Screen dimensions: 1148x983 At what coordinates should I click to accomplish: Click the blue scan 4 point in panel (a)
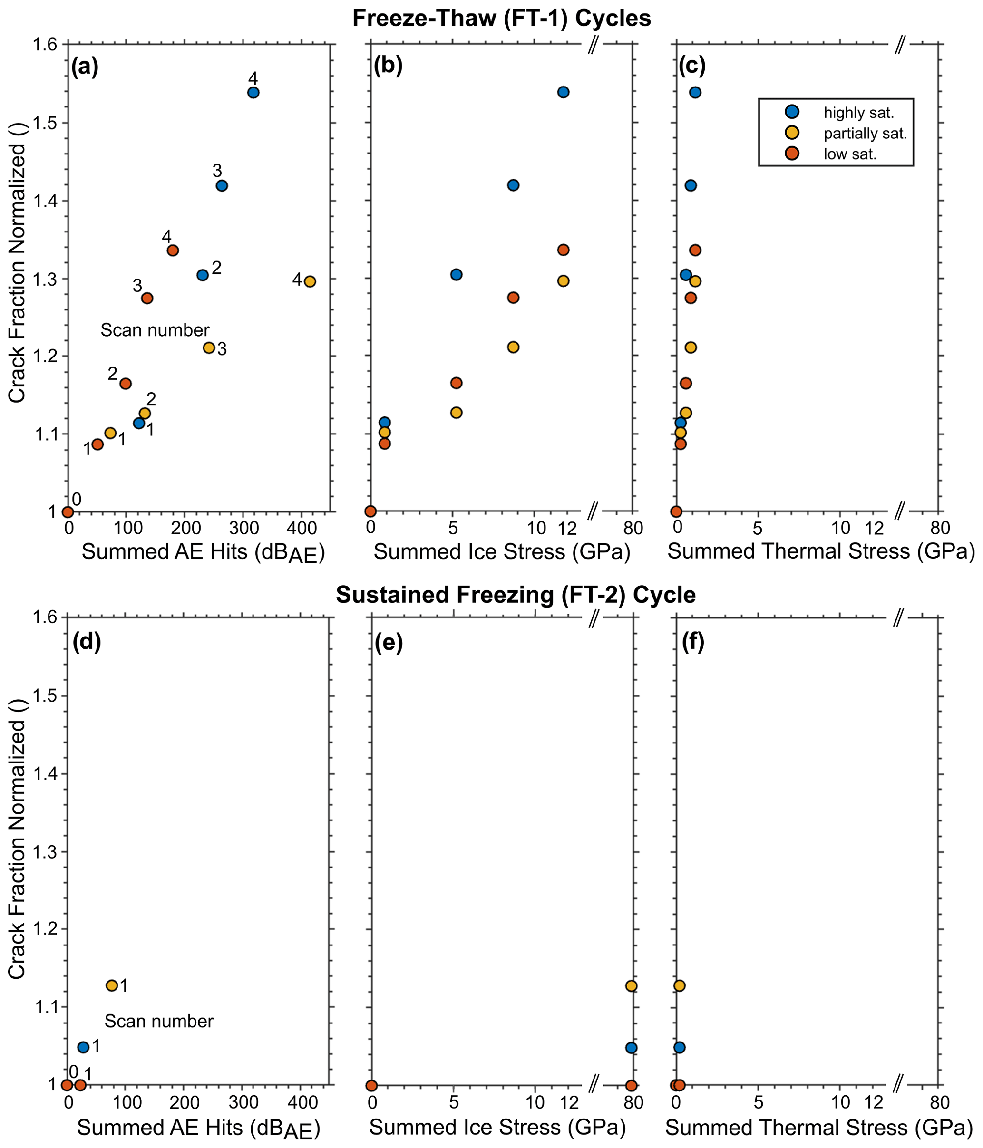point(253,93)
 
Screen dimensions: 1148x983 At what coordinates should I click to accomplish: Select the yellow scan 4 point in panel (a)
point(310,281)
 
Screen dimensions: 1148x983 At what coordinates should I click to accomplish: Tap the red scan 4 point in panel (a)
point(173,251)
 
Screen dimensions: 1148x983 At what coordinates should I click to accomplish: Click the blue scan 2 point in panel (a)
point(203,275)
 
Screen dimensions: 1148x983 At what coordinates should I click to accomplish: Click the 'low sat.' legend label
point(850,154)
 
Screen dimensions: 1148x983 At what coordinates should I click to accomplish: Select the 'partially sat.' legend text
point(865,134)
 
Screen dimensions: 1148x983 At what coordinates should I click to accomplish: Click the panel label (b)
point(388,66)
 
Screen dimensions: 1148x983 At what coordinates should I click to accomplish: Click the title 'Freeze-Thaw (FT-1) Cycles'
point(502,18)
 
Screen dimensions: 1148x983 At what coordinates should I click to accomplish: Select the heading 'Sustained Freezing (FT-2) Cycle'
point(516,595)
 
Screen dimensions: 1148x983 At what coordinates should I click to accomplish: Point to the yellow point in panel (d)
point(111,985)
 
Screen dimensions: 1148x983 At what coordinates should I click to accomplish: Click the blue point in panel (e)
point(631,1047)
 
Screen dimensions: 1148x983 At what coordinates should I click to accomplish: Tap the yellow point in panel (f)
point(679,985)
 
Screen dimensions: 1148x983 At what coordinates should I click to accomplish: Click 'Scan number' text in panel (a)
point(155,330)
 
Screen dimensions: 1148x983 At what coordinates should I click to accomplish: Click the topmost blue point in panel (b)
point(563,92)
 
